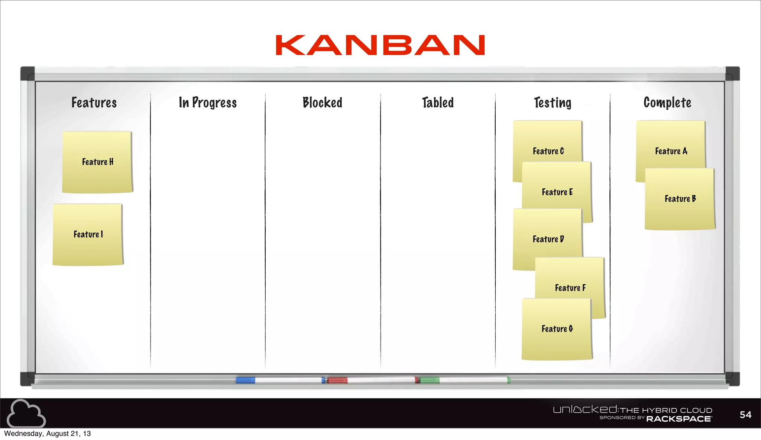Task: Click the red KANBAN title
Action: click(380, 45)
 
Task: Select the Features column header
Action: click(94, 103)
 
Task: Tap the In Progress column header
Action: click(208, 103)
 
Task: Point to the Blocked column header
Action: click(322, 103)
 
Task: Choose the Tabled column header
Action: click(438, 103)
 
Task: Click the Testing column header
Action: click(553, 103)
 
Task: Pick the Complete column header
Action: click(667, 103)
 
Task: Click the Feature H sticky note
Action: click(97, 162)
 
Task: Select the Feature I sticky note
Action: click(88, 234)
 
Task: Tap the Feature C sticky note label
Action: click(548, 151)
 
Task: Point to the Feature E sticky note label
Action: click(557, 192)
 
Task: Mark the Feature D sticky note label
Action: click(548, 239)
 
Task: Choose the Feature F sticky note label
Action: click(570, 288)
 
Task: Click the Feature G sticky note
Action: click(557, 329)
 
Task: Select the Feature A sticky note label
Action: click(671, 151)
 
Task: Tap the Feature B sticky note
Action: click(680, 199)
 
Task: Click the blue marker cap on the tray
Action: click(245, 380)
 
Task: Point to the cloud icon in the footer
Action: click(26, 413)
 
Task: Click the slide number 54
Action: click(745, 415)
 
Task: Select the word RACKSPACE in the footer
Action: click(679, 419)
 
